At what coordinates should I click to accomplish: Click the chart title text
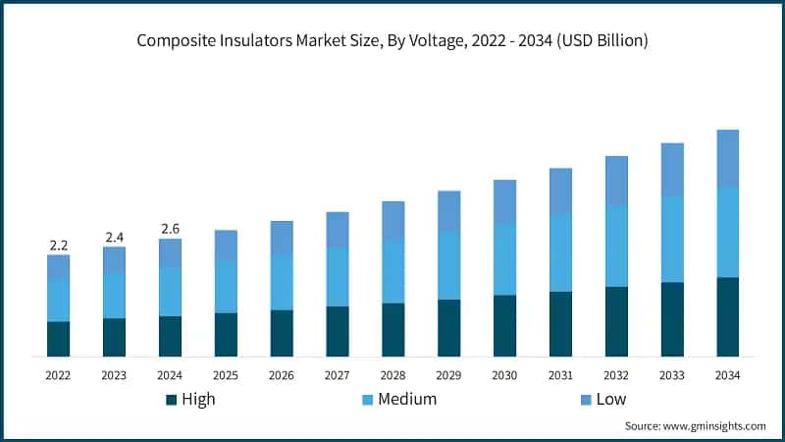(392, 40)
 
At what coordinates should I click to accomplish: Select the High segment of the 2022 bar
(58, 338)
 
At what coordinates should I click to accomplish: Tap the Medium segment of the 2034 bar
(727, 232)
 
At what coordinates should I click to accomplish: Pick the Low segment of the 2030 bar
(504, 201)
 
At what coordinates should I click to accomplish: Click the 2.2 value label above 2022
(58, 245)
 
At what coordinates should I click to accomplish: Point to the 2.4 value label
(114, 237)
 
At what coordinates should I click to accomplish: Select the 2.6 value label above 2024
(170, 229)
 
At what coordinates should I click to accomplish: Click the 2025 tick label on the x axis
(226, 375)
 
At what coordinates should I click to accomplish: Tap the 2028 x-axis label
(393, 375)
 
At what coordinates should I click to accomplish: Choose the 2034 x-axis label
(727, 375)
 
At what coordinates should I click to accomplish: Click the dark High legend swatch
(172, 400)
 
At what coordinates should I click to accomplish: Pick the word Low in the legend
(610, 399)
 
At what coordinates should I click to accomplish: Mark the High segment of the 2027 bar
(338, 331)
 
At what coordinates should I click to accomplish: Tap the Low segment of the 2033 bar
(672, 169)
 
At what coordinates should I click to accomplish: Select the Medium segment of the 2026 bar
(282, 282)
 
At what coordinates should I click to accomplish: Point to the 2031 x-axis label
(560, 375)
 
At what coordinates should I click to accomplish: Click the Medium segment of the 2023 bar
(114, 295)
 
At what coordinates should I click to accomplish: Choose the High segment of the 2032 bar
(616, 321)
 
